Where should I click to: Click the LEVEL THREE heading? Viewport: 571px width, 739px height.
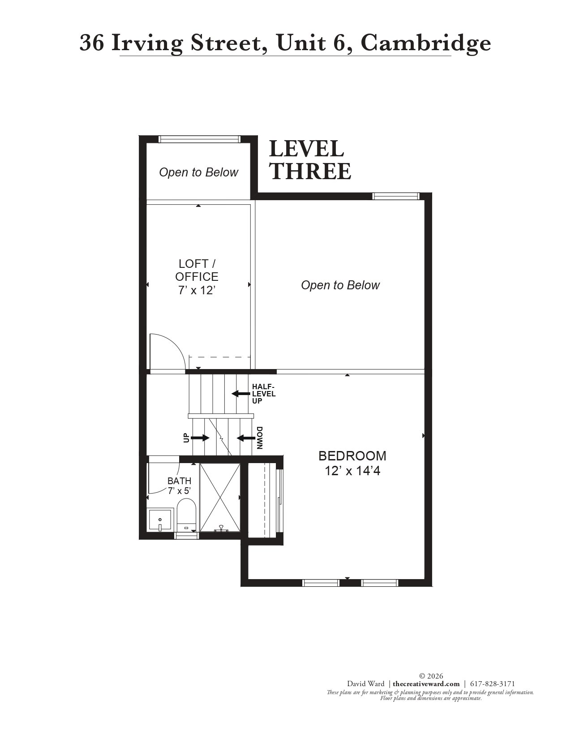pos(310,160)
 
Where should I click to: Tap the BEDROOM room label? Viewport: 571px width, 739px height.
pos(352,455)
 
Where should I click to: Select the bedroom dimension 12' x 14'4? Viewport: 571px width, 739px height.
pos(352,471)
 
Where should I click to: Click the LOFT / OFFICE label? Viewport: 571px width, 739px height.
pos(197,270)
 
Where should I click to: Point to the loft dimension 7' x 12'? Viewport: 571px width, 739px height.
pos(197,290)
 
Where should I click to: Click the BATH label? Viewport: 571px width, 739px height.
pos(179,481)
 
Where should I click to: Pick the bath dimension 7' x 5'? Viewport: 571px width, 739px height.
pos(179,491)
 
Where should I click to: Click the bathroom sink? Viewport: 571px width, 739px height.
pos(160,520)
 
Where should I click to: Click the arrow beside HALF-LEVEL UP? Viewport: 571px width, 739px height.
pos(241,394)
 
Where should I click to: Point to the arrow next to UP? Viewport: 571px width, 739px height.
pos(200,438)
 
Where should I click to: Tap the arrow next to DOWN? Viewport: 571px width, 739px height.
pos(246,438)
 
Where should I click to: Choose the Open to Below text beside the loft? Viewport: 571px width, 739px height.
pos(340,285)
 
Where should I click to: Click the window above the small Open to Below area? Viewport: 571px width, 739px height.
pos(199,139)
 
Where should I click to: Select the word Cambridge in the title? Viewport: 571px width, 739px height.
pos(425,43)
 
